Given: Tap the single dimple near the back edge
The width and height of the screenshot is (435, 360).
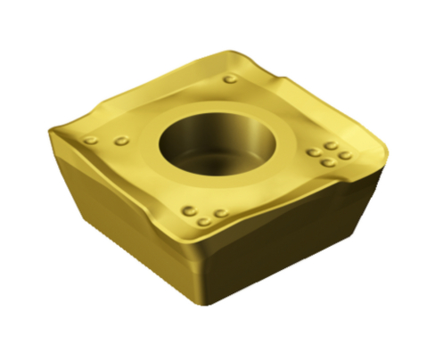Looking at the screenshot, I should (x=230, y=79).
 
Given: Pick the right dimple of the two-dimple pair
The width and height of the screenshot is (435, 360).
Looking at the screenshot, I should (x=120, y=140).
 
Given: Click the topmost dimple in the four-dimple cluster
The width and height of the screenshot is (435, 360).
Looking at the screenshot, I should (x=330, y=144).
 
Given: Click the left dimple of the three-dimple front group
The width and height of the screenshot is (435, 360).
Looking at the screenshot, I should (x=188, y=210).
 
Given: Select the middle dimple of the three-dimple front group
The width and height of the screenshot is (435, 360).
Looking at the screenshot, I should (x=204, y=220).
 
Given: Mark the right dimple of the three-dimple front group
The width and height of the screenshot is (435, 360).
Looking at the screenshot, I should (x=220, y=214).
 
